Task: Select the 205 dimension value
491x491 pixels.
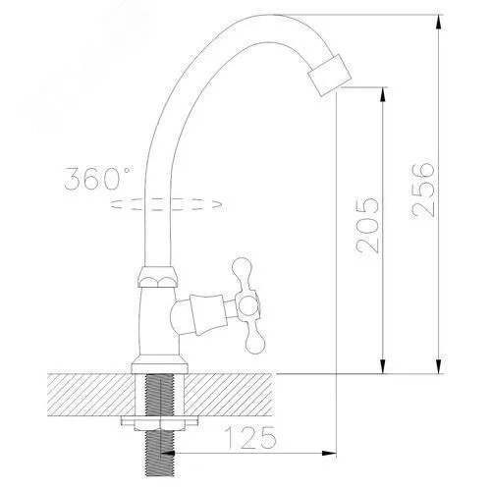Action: tap(367, 226)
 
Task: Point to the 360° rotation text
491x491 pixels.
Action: tap(97, 179)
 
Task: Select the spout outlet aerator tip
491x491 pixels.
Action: tap(330, 75)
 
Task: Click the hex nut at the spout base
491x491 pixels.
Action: tap(158, 277)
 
